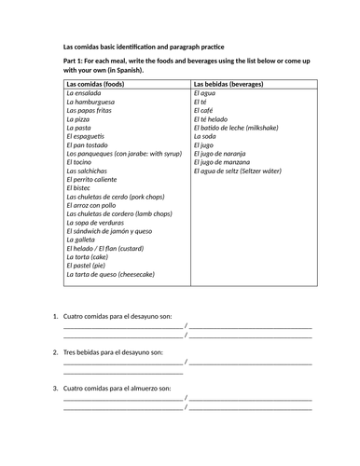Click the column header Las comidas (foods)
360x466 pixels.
[x=102, y=85]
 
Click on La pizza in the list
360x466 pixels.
[x=80, y=119]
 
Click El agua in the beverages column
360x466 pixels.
[x=204, y=94]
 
